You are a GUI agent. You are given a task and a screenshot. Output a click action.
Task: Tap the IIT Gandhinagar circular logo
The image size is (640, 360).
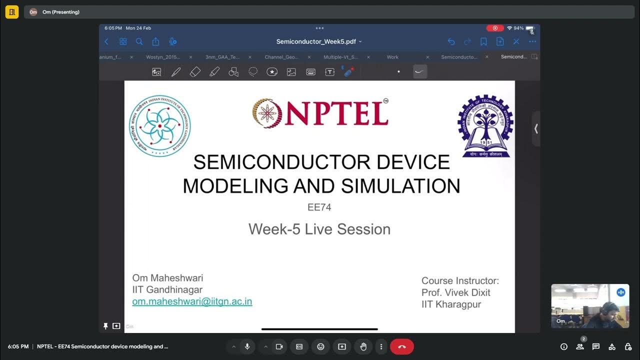(160, 126)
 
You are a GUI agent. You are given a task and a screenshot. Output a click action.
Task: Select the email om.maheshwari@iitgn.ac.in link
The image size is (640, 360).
(192, 301)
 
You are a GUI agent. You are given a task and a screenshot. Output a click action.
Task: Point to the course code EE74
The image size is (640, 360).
(319, 207)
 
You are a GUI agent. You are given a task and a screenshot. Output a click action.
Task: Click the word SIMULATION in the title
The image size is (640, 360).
(400, 186)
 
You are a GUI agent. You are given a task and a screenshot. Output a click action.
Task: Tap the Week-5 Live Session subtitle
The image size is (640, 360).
(319, 229)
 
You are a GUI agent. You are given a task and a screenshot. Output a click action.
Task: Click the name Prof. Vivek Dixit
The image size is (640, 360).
(456, 292)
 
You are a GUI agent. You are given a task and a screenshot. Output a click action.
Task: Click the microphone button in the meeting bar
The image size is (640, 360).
(247, 346)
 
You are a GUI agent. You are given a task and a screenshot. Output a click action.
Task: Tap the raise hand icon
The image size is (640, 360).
(363, 346)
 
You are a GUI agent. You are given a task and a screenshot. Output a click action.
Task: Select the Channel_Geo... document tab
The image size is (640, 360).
(281, 57)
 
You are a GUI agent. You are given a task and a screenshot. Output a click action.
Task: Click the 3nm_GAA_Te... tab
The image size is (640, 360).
(222, 57)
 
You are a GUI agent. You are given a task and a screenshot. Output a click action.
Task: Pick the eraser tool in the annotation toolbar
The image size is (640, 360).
(195, 72)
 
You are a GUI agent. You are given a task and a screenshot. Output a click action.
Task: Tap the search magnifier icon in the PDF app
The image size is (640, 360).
(139, 41)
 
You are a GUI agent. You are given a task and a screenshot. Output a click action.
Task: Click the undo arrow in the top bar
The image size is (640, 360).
(451, 41)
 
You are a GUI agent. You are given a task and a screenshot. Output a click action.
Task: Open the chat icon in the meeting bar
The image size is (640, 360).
(596, 346)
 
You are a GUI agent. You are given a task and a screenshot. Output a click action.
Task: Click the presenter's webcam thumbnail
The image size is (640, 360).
(590, 306)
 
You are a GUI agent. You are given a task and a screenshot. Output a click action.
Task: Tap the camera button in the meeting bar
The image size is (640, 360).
(279, 346)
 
